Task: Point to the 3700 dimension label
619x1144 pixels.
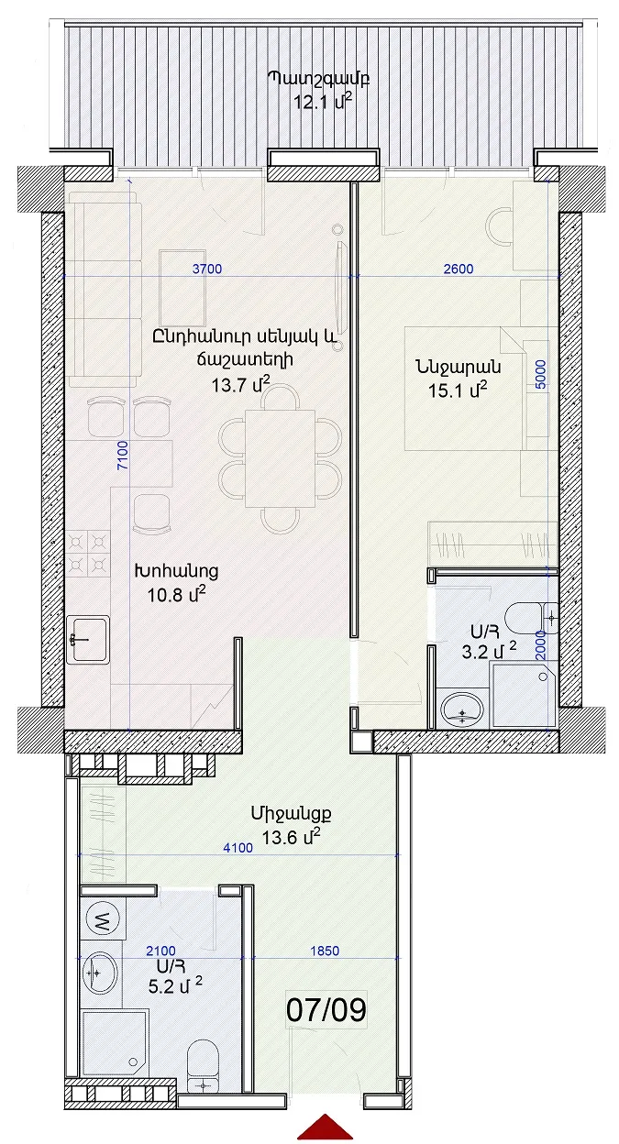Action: click(x=207, y=269)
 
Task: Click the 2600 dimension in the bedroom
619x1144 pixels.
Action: click(x=459, y=269)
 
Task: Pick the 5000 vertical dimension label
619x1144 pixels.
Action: click(x=541, y=374)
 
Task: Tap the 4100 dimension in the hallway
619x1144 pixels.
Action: click(x=238, y=848)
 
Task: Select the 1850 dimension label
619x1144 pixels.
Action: click(x=325, y=951)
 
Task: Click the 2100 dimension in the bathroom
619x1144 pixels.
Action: click(x=160, y=951)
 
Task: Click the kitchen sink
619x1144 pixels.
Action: click(x=88, y=639)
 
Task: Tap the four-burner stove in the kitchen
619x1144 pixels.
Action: click(x=88, y=554)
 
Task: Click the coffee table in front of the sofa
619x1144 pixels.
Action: click(x=182, y=289)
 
